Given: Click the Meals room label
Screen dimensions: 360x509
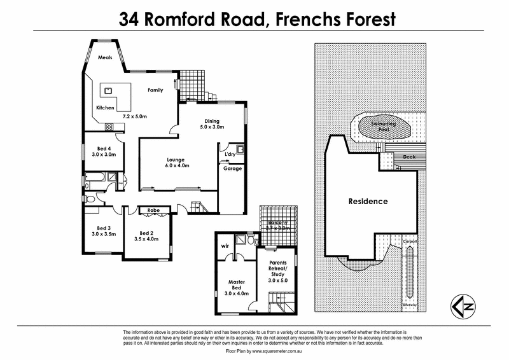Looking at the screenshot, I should click(x=106, y=57).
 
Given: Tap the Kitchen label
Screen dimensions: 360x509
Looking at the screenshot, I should click(x=105, y=107).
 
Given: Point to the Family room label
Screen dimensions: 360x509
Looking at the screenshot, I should click(x=156, y=90).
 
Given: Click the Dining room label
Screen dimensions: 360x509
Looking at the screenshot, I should click(x=212, y=121).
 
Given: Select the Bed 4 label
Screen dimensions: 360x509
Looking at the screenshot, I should click(x=96, y=149).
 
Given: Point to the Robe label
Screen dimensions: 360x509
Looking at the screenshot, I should click(x=153, y=210).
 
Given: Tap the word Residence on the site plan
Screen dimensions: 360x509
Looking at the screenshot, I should click(x=368, y=202).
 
